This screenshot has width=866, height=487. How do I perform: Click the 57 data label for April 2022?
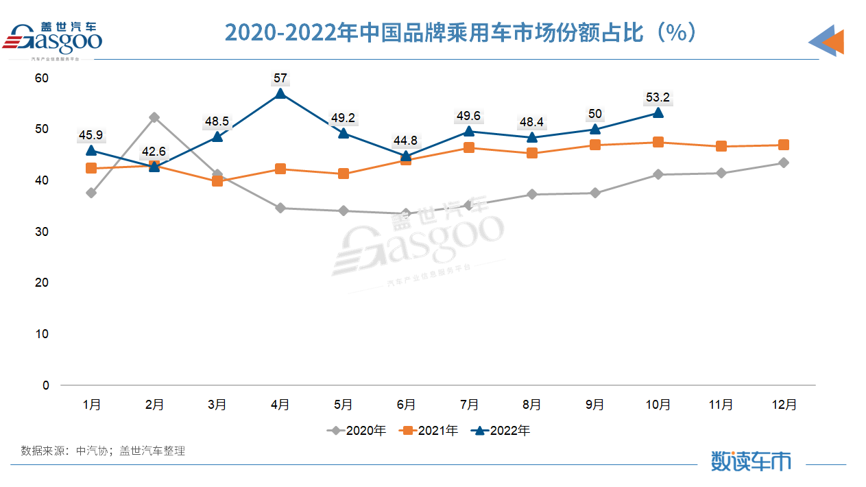point(280,78)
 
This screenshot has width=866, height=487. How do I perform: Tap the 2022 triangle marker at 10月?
point(658,112)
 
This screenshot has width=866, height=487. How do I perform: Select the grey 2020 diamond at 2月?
point(154,117)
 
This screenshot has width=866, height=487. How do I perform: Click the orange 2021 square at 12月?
point(783,145)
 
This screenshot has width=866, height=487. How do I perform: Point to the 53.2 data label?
point(658,97)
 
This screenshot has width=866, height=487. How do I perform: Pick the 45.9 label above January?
point(91,135)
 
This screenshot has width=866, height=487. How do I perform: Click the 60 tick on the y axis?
point(43,78)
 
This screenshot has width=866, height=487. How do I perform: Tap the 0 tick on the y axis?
point(46,385)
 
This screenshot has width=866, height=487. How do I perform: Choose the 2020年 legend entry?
point(357,431)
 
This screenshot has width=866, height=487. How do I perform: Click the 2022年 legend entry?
point(502,431)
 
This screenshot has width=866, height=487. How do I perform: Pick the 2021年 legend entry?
point(430,431)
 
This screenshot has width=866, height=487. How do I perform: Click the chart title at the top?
point(461,33)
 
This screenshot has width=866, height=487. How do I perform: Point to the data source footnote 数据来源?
point(103,451)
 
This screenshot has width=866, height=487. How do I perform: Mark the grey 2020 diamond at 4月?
point(280,208)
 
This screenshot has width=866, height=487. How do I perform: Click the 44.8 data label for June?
point(406,141)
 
